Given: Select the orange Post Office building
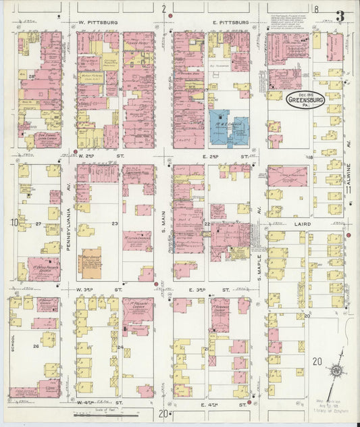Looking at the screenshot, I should click(91, 260).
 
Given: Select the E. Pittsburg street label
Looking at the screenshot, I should click(231, 22).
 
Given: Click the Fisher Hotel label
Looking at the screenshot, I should click(138, 40).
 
